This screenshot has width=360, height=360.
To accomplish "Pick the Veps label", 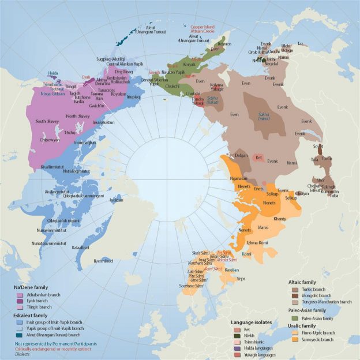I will tap(241, 279).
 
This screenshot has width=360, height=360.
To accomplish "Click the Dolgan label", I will tap(241, 155).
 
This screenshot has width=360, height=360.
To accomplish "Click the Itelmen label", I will tap(224, 44).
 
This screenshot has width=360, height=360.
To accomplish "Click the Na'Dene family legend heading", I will tap(31, 287).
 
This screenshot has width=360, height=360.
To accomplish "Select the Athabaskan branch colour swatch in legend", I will tap(21, 295).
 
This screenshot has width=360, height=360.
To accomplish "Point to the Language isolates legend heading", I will tap(251, 321).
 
